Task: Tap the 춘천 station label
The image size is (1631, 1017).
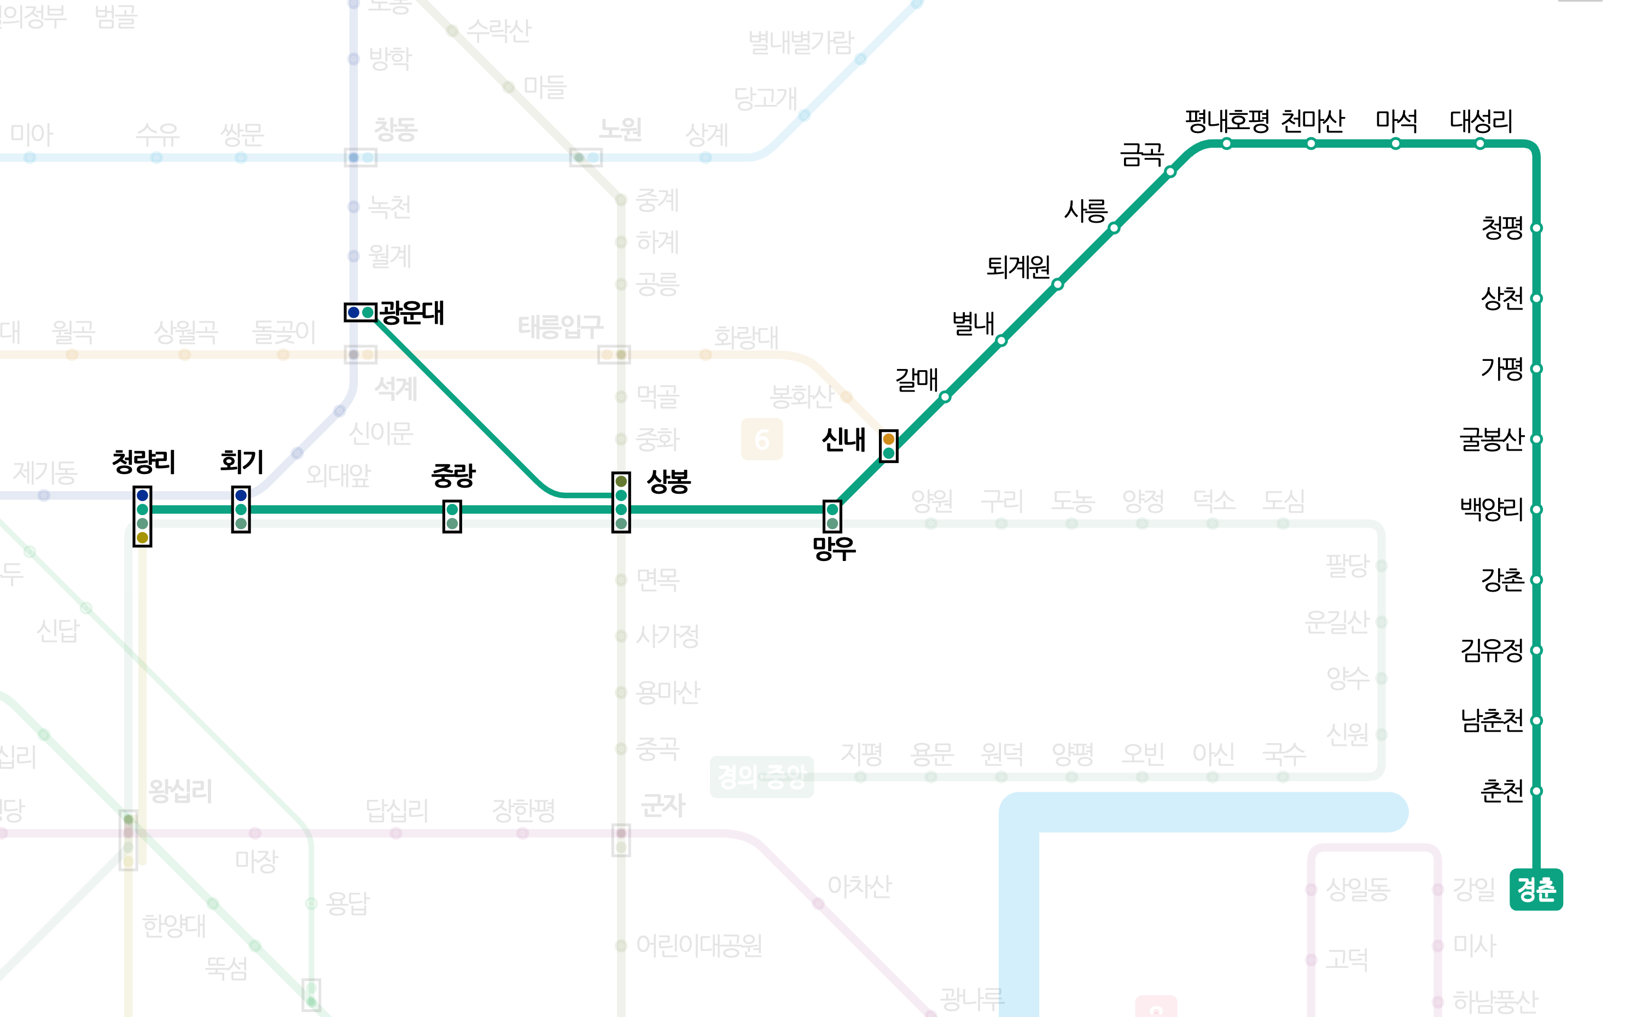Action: [x=1501, y=791]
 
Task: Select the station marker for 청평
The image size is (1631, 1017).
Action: [x=1536, y=228]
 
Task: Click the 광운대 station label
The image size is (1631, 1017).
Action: [x=412, y=313]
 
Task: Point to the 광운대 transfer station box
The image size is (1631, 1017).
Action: [x=360, y=312]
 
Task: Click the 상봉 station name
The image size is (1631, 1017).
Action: [x=668, y=481]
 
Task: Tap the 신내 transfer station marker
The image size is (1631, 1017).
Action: [x=888, y=446]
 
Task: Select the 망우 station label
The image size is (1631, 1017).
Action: [x=834, y=548]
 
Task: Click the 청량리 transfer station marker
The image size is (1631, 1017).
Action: [x=142, y=516]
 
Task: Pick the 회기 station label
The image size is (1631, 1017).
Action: [x=242, y=461]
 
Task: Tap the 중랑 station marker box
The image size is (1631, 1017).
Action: [x=452, y=517]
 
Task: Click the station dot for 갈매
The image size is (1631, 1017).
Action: [x=945, y=397]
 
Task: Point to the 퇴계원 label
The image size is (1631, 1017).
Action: [x=1017, y=267]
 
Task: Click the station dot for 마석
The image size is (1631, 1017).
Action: [x=1395, y=143]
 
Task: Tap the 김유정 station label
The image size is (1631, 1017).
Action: [x=1491, y=650]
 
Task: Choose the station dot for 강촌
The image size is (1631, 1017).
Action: [x=1536, y=580]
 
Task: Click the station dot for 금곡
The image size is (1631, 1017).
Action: [x=1171, y=172]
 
